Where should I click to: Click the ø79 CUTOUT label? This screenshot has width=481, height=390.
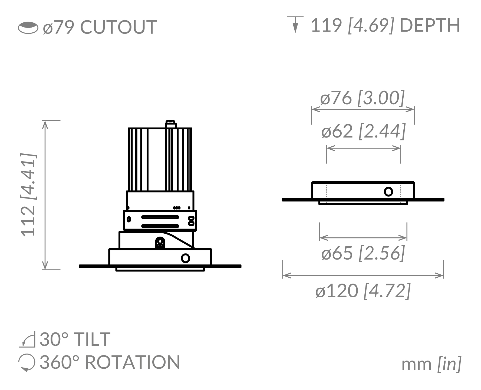click(x=100, y=27)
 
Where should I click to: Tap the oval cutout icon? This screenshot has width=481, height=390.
click(x=28, y=28)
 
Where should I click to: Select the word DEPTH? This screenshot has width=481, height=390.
click(x=430, y=25)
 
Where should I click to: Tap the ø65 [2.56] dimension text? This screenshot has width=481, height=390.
click(x=363, y=253)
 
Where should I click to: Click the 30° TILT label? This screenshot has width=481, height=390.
click(x=75, y=339)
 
